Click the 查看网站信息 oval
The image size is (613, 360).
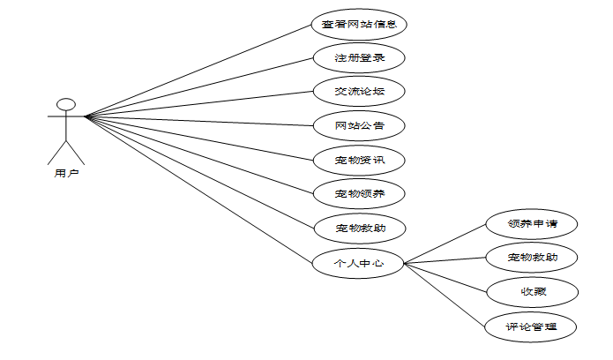pyautogui.click(x=359, y=24)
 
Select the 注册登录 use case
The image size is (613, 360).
pyautogui.click(x=359, y=58)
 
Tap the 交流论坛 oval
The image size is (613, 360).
pyautogui.click(x=359, y=92)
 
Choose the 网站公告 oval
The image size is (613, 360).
pyautogui.click(x=359, y=125)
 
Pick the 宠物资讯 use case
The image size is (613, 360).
pyautogui.click(x=359, y=160)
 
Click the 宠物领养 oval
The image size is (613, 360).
pyautogui.click(x=359, y=193)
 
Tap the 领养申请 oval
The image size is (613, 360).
pyautogui.click(x=532, y=223)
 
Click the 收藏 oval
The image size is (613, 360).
pyautogui.click(x=532, y=291)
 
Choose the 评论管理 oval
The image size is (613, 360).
pyautogui.click(x=532, y=327)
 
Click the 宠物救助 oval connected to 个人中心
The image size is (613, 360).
pyautogui.click(x=532, y=258)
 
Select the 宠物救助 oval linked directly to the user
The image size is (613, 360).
pyautogui.click(x=359, y=229)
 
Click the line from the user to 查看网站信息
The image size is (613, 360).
pyautogui.click(x=198, y=71)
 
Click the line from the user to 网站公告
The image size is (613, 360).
pyautogui.click(x=198, y=120)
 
